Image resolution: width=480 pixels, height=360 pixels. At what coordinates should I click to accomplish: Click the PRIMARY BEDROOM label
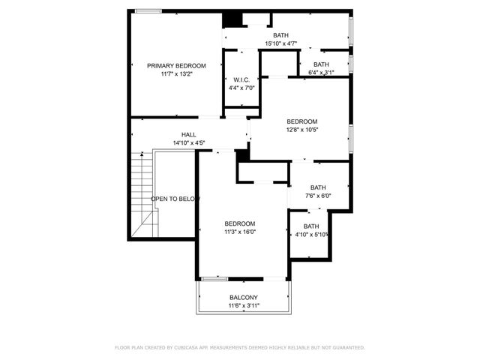pos(176,66)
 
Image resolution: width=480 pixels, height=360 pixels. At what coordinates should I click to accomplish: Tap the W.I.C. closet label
pos(241,79)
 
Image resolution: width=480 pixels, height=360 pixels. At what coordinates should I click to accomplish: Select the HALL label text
pos(188,135)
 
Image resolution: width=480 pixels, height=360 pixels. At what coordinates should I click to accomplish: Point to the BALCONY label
pos(244,298)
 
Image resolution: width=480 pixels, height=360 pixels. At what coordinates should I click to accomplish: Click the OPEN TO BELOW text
pos(175,199)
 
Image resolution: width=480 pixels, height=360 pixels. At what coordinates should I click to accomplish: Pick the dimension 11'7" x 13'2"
pos(176,74)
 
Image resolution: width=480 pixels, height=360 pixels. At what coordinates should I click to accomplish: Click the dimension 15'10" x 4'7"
pos(281,43)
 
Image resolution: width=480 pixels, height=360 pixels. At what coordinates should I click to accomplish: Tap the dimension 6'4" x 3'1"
pos(321,73)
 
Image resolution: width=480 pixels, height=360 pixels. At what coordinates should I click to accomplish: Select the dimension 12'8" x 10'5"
pos(302,130)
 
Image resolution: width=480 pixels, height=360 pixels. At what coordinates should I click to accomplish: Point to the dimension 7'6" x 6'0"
pos(318,196)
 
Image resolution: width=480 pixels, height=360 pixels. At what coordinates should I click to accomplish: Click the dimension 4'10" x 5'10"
pos(311,235)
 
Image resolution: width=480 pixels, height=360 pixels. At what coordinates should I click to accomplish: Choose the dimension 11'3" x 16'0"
pos(240,232)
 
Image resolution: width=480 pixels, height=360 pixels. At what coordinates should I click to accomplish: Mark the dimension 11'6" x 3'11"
pos(244,306)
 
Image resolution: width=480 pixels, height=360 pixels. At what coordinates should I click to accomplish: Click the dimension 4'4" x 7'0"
pos(241,88)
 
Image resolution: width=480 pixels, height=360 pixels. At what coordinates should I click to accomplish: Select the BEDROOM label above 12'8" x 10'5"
pos(302,121)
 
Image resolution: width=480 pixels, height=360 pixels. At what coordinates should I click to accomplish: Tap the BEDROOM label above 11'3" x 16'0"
pos(240,223)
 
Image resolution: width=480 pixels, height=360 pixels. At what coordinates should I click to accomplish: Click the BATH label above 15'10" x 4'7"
pos(281,35)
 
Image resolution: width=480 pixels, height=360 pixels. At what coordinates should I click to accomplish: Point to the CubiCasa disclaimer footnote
pos(240,348)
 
